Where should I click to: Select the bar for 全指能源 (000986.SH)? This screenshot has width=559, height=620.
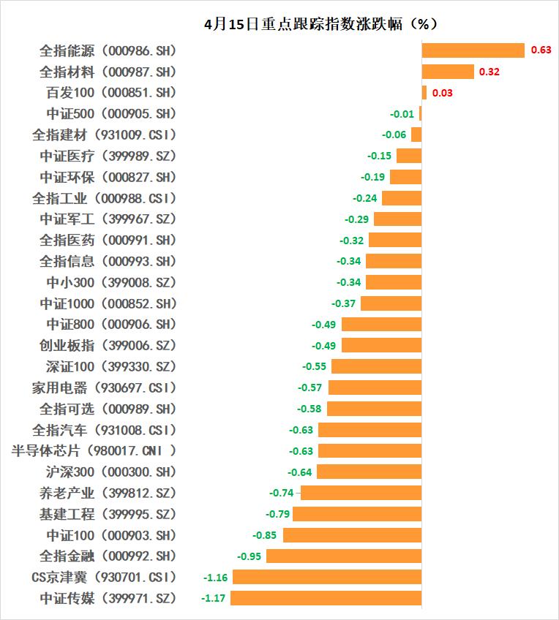point(473,50)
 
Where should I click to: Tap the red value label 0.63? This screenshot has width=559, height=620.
point(541,50)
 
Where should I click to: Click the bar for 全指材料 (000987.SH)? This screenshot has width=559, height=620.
point(448,72)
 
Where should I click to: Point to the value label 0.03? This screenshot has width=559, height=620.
point(443,93)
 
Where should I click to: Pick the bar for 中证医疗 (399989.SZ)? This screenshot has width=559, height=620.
point(408,156)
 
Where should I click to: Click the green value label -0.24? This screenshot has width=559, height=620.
point(364,198)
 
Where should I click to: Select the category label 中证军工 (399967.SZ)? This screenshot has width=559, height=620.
point(108,219)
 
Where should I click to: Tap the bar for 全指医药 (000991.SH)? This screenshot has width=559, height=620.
point(395,240)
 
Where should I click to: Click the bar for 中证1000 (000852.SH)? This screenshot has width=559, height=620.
point(391,303)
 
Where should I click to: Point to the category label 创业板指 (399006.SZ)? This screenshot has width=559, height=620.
point(108,345)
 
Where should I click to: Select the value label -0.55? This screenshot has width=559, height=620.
point(315,366)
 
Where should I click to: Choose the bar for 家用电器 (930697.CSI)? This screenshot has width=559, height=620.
point(375,387)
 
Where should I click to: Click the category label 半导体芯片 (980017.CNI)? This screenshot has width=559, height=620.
point(94,451)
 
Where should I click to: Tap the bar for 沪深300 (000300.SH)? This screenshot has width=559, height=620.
point(369,472)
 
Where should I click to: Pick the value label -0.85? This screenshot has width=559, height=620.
point(265,535)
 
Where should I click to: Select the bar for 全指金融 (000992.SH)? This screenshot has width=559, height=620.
point(344,556)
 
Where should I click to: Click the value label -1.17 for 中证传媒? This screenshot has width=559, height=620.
point(213,599)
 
